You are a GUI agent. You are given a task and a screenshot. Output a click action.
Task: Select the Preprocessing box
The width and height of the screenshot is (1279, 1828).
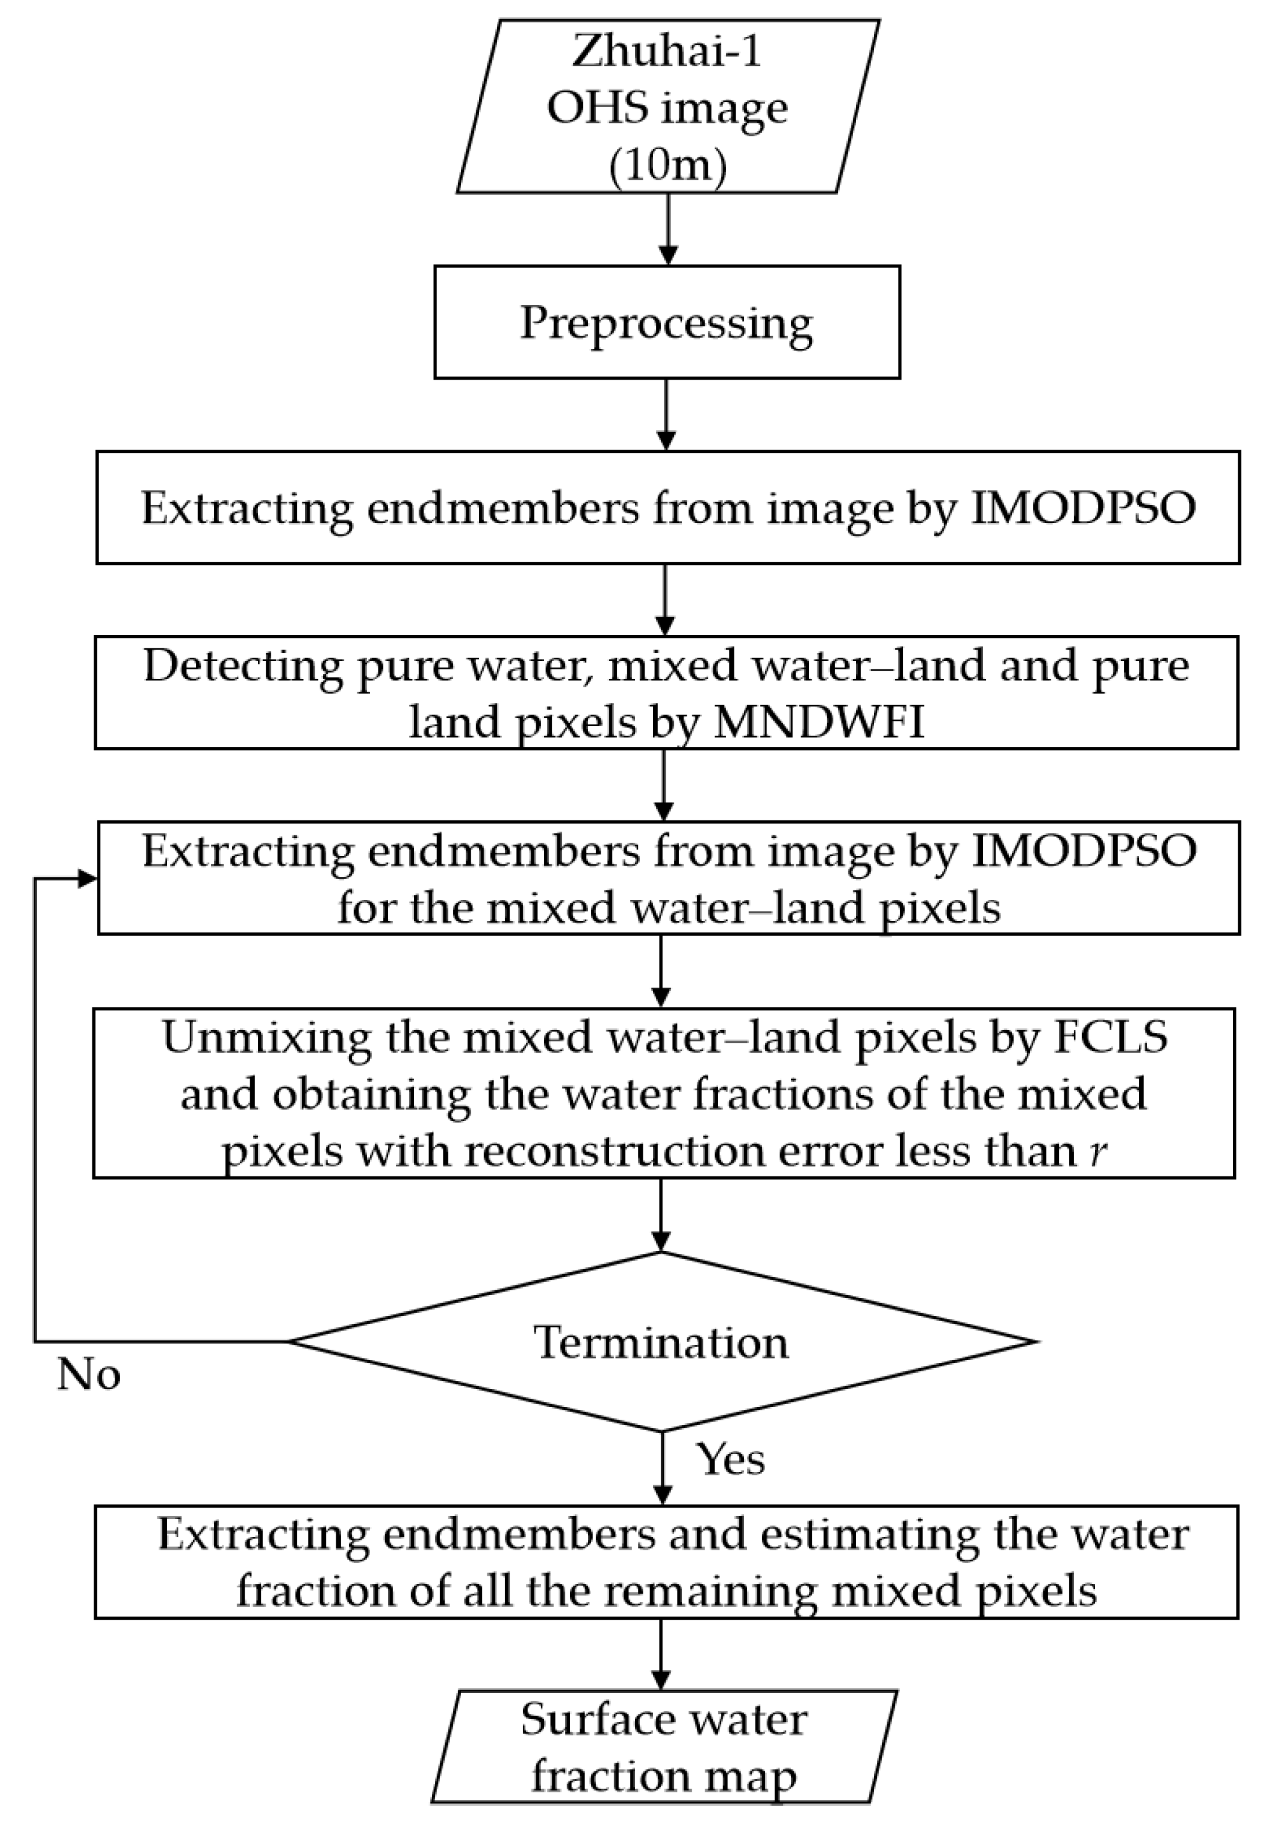tap(667, 322)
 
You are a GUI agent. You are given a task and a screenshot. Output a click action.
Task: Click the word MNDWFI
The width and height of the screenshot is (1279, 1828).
tap(818, 723)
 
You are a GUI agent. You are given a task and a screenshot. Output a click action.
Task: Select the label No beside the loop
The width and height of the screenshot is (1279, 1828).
tap(89, 1375)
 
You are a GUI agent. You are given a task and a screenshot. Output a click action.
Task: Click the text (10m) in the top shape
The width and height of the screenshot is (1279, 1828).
tap(668, 166)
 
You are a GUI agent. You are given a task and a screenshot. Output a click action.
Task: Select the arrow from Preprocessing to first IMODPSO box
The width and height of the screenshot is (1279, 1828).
tap(666, 415)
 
